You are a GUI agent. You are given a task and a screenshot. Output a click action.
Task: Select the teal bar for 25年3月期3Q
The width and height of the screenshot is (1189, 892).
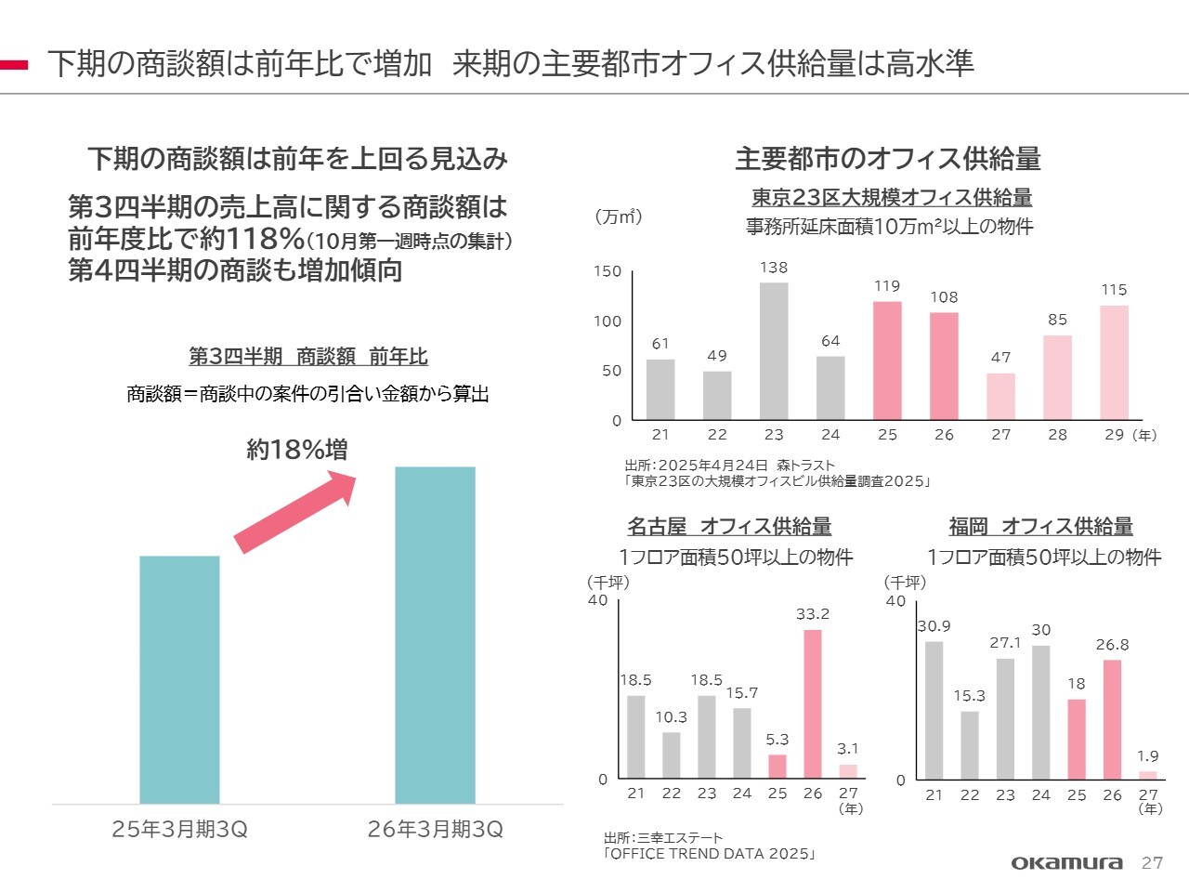(x=179, y=679)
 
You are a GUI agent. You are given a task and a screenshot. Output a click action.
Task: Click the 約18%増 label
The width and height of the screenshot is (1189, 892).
(x=297, y=450)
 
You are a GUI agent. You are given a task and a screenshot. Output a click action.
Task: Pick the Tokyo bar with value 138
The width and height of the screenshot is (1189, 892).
(x=774, y=351)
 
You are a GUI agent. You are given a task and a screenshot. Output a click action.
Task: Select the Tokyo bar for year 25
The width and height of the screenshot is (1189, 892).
(x=887, y=361)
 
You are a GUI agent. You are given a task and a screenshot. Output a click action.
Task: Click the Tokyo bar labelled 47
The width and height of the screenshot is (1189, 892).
(x=1000, y=397)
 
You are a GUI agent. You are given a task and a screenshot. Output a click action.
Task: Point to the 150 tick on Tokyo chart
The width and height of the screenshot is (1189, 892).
(x=608, y=271)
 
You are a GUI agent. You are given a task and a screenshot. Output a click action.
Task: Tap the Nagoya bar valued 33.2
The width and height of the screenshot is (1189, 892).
(x=813, y=703)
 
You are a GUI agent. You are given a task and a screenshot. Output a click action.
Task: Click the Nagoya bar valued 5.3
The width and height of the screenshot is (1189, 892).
(x=777, y=767)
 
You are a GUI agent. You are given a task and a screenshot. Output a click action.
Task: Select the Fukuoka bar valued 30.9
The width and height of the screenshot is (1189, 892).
(x=934, y=710)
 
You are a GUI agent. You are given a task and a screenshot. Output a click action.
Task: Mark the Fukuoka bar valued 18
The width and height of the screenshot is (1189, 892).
(x=1077, y=739)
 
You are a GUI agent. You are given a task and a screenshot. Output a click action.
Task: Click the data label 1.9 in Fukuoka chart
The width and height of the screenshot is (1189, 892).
(x=1148, y=756)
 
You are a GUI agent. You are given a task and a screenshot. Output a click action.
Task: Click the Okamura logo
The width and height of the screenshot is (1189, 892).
(x=1066, y=863)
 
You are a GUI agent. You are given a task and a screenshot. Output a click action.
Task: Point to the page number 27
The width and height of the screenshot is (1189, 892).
(x=1152, y=863)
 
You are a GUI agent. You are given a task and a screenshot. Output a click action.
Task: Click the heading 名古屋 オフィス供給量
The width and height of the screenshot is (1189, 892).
(x=729, y=527)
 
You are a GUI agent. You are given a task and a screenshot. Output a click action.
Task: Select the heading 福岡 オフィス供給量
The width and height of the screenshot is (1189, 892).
(x=1040, y=527)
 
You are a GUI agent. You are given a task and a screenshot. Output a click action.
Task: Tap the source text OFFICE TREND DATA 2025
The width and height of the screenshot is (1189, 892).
(x=711, y=854)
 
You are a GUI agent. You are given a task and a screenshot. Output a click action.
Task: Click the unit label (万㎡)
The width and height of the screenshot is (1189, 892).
(x=618, y=216)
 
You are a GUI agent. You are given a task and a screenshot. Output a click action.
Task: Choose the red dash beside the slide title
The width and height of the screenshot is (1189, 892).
(x=14, y=65)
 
